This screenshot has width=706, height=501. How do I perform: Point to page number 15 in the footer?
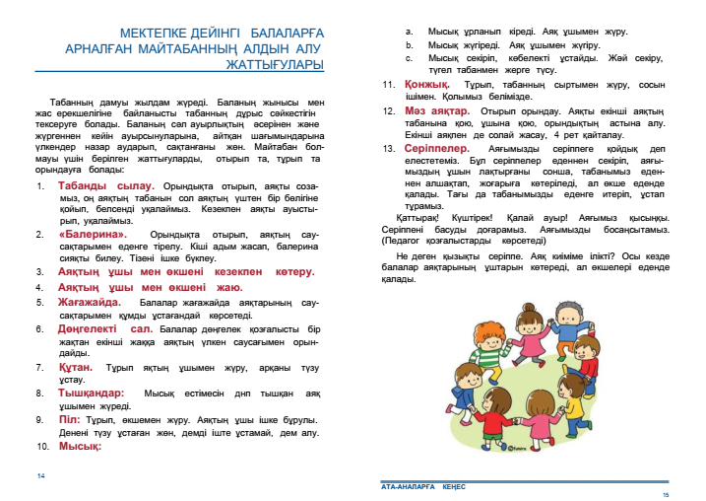pos(665,493)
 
